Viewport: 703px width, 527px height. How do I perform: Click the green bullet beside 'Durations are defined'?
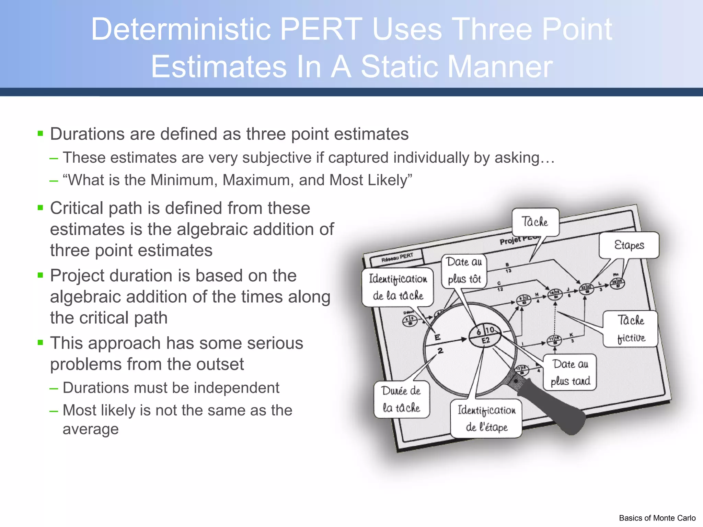click(41, 133)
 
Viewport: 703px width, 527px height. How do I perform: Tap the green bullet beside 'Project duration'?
click(41, 275)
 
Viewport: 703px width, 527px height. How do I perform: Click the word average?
click(91, 429)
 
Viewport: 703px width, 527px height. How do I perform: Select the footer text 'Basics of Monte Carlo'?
click(657, 518)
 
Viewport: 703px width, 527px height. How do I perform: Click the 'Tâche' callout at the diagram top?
click(535, 222)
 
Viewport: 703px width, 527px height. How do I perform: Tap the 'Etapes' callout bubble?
click(629, 245)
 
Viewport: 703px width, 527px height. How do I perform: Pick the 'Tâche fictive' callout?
click(631, 329)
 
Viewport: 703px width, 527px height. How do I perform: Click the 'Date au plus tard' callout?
click(570, 372)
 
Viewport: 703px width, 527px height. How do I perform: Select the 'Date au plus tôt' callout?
click(464, 271)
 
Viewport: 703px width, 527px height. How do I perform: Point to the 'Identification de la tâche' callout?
click(398, 287)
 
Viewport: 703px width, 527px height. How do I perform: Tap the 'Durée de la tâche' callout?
click(402, 399)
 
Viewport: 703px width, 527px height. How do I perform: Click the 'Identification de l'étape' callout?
click(486, 419)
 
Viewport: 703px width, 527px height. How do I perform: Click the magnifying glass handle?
click(553, 407)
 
